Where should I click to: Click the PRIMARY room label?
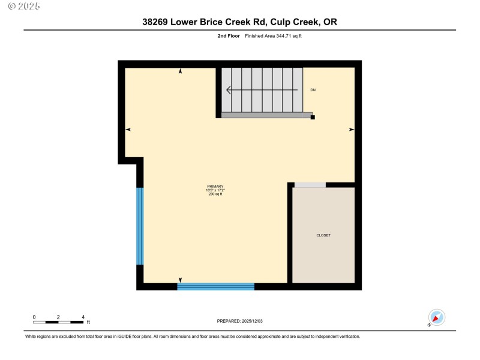215,187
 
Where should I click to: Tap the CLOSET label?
323,235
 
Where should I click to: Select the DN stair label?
313,90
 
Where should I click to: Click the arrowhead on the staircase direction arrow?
229,91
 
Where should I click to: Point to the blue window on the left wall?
140,226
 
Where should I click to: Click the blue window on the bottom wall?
216,286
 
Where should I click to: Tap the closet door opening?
310,185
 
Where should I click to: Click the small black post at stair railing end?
313,118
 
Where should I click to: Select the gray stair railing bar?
267,115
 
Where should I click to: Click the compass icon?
436,317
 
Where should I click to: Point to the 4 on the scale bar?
83,316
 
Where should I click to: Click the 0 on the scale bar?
34,316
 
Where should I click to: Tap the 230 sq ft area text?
215,194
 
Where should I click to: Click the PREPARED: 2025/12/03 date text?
240,321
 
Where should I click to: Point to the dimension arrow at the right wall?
352,129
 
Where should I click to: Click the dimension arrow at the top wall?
181,71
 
